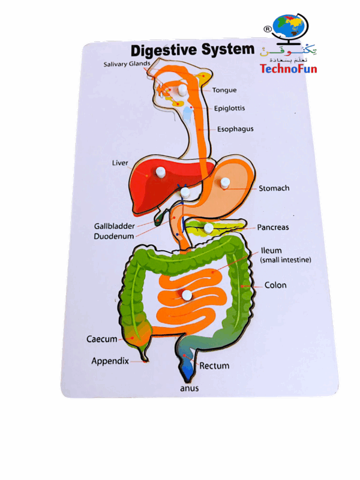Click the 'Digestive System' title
[193, 49]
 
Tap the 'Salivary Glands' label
[124, 64]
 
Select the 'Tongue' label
[224, 91]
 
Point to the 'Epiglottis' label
[230, 109]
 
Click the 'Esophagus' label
[235, 128]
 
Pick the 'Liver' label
[120, 163]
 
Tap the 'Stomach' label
[274, 188]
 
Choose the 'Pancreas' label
[273, 227]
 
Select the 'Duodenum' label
[114, 236]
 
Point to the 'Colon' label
[275, 285]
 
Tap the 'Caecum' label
[102, 339]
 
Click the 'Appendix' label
[110, 361]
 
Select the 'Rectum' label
[214, 365]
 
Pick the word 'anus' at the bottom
[189, 388]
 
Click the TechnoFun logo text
[288, 68]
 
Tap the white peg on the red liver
[160, 172]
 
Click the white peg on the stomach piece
[225, 182]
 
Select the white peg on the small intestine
[188, 295]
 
